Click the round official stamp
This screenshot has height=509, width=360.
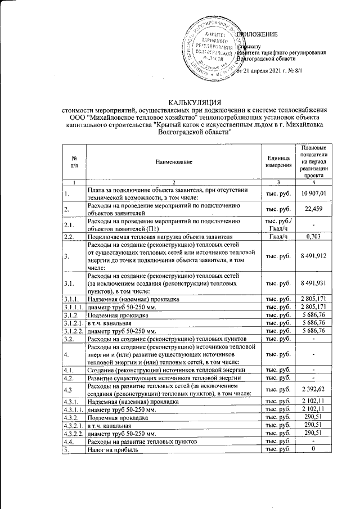pyautogui.click(x=213, y=49)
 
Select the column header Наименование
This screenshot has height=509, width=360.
pyautogui.click(x=174, y=163)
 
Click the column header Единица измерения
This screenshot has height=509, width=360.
pyautogui.click(x=279, y=163)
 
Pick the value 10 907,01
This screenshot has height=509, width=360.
pyautogui.click(x=314, y=194)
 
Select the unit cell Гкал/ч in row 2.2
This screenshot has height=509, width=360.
pyautogui.click(x=279, y=237)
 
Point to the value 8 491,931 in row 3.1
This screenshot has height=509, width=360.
pyautogui.click(x=314, y=285)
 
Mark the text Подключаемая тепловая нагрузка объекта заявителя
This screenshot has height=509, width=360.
pyautogui.click(x=159, y=237)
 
